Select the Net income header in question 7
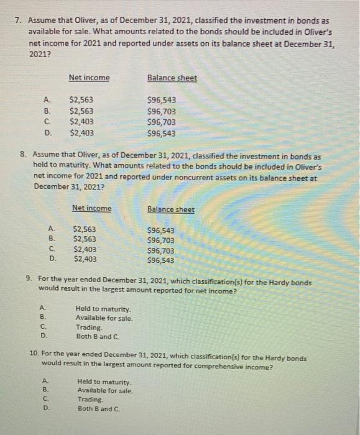pyautogui.click(x=89, y=78)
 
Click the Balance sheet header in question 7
pyautogui.click(x=172, y=78)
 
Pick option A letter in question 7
pyautogui.click(x=45, y=99)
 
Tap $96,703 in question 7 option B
pyautogui.click(x=161, y=111)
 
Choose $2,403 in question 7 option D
pyautogui.click(x=82, y=133)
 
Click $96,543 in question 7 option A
pyautogui.click(x=161, y=99)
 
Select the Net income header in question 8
pyautogui.click(x=91, y=208)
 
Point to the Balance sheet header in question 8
pyautogui.click(x=170, y=209)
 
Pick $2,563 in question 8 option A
pyautogui.click(x=85, y=229)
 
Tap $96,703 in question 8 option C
pyautogui.click(x=161, y=250)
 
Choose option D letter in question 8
pyautogui.click(x=53, y=260)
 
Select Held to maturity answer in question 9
pyautogui.click(x=103, y=308)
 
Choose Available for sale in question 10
pyautogui.click(x=105, y=391)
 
